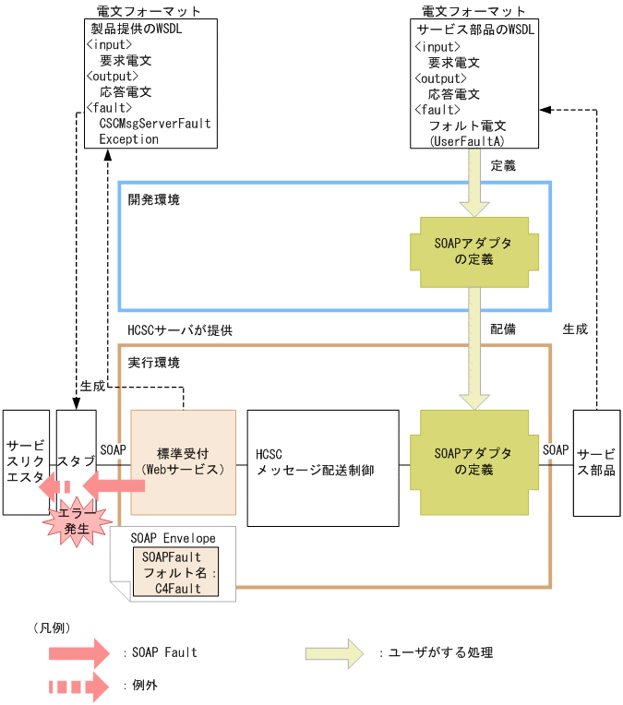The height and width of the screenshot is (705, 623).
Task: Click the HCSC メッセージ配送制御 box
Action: click(x=322, y=468)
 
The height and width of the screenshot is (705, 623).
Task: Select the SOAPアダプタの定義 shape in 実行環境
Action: click(x=473, y=461)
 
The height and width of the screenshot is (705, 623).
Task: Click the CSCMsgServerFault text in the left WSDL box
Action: click(x=155, y=123)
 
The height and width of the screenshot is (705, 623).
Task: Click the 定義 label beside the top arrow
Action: click(x=503, y=166)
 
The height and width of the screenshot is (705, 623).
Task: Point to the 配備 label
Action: click(x=503, y=329)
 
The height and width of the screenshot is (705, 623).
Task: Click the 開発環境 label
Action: click(x=154, y=199)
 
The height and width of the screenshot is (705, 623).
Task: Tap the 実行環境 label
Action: click(x=154, y=363)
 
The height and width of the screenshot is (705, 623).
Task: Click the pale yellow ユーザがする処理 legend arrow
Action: click(x=337, y=652)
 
